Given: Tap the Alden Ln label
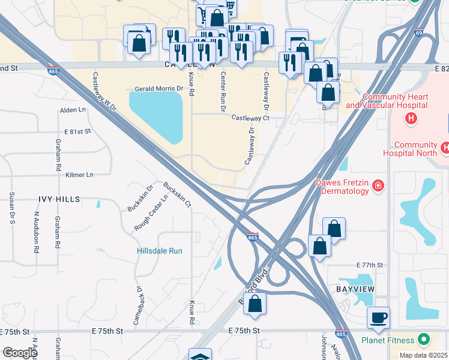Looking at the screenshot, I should [73, 110].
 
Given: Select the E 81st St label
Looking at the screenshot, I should [75, 131].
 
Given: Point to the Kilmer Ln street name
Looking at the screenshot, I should [80, 175].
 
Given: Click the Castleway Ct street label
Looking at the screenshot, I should [250, 118].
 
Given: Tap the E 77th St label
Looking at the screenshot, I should [369, 265].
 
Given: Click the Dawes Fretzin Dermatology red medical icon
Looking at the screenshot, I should [378, 185].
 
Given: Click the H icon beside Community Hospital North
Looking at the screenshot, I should [444, 147].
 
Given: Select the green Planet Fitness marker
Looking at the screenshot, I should [426, 340].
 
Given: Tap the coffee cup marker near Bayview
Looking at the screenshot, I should [378, 317].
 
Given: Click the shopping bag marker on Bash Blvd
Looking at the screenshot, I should [255, 304].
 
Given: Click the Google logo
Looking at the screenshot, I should [20, 352].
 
